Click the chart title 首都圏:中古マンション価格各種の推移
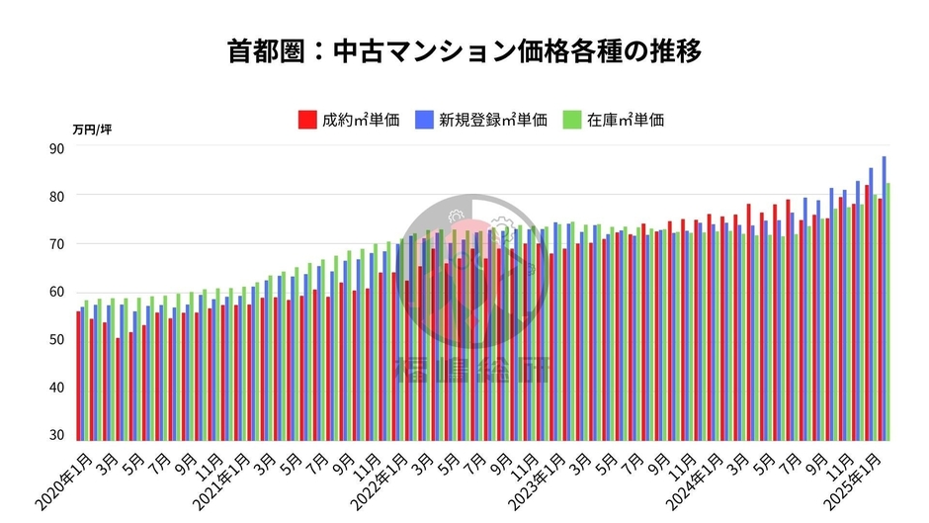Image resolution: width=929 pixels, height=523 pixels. (464, 50)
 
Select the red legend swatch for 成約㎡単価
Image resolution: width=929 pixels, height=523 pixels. (306, 121)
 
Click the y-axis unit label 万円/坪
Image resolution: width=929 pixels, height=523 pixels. (92, 129)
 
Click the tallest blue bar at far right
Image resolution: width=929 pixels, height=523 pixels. (884, 297)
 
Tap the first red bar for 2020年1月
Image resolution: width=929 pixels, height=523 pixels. (78, 376)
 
